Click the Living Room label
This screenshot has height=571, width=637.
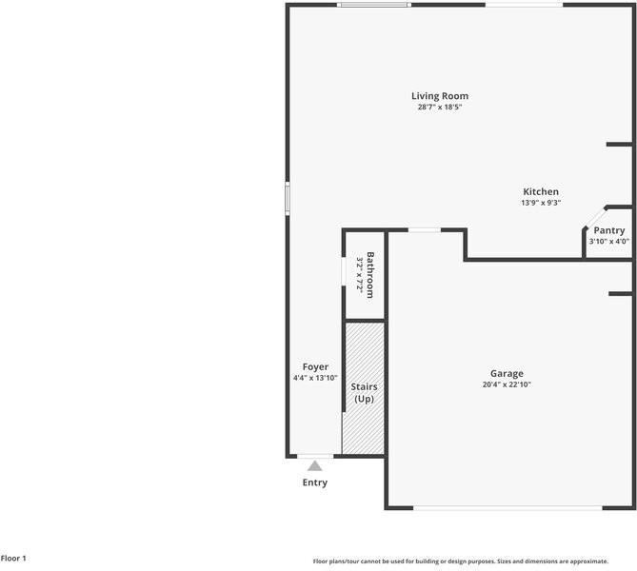440,96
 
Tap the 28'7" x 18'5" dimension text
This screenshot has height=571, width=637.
440,108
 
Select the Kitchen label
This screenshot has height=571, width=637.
540,191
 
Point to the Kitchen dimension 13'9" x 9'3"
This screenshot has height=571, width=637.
540,203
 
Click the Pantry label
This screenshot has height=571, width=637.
609,230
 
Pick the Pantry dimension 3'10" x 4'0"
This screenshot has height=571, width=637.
609,242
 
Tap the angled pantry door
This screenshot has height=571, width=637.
593,217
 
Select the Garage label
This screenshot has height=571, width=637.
507,374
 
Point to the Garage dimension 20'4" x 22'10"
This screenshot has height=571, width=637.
507,385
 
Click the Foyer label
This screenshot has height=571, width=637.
315,366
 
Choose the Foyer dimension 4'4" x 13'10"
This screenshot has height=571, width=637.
315,378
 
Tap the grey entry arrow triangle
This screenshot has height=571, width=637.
314,465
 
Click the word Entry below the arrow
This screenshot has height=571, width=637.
314,482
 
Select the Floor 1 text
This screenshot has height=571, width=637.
14,559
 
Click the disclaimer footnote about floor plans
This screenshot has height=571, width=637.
460,561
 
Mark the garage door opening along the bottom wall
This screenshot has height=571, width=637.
508,507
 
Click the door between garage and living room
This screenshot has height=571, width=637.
425,229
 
